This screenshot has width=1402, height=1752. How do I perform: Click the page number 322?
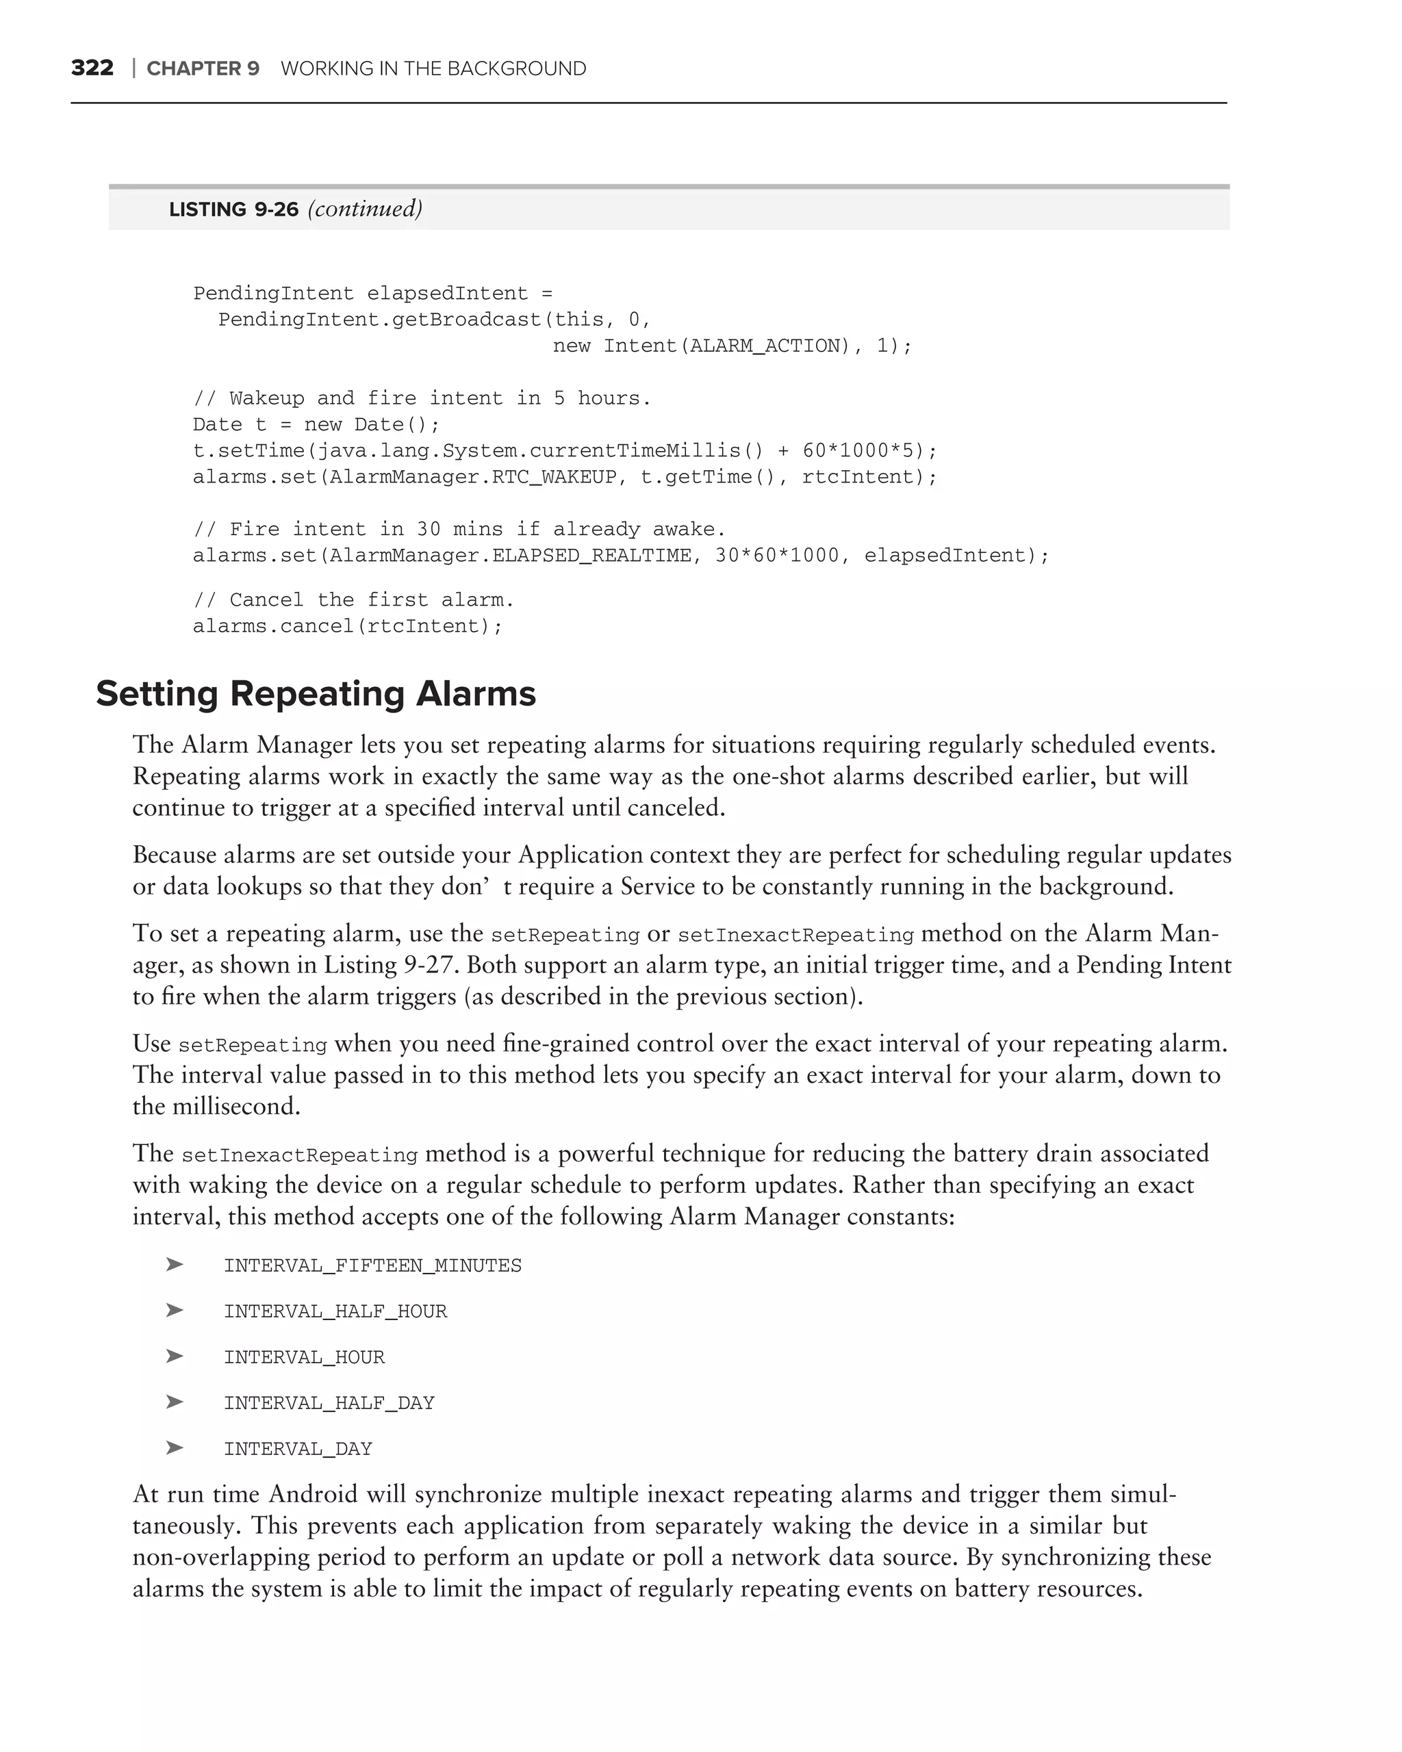(92, 68)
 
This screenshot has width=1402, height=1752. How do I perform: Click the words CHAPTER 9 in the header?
(203, 69)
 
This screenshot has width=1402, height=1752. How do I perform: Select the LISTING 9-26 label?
(233, 209)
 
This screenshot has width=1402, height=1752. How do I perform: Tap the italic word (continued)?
(365, 209)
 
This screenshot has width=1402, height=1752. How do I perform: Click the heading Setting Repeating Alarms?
(316, 694)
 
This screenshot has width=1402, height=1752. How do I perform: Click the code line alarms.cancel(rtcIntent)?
(348, 626)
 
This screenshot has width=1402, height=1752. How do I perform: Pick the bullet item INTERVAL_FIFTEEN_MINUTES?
(372, 1266)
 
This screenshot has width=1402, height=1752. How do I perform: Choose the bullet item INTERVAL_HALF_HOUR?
(335, 1311)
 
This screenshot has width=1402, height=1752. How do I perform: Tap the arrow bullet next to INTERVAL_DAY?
(174, 1448)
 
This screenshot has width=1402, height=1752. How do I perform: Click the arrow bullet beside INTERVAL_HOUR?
(174, 1356)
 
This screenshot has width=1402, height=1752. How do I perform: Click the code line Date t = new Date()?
(316, 425)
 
